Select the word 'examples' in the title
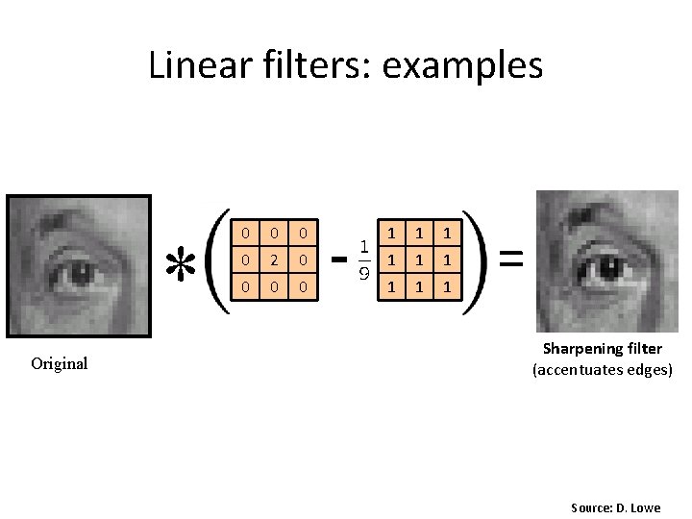pyautogui.click(x=462, y=65)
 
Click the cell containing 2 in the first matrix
pyautogui.click(x=274, y=259)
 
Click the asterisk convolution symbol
pyautogui.click(x=177, y=261)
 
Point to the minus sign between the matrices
pyautogui.click(x=338, y=259)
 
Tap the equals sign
pyautogui.click(x=511, y=258)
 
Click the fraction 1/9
pyautogui.click(x=366, y=259)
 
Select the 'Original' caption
pyautogui.click(x=59, y=363)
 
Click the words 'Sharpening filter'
pyautogui.click(x=603, y=349)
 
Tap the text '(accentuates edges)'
pyautogui.click(x=603, y=369)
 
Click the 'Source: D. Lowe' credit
pyautogui.click(x=615, y=507)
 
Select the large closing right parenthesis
pyautogui.click(x=478, y=259)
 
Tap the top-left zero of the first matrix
pyautogui.click(x=246, y=233)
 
